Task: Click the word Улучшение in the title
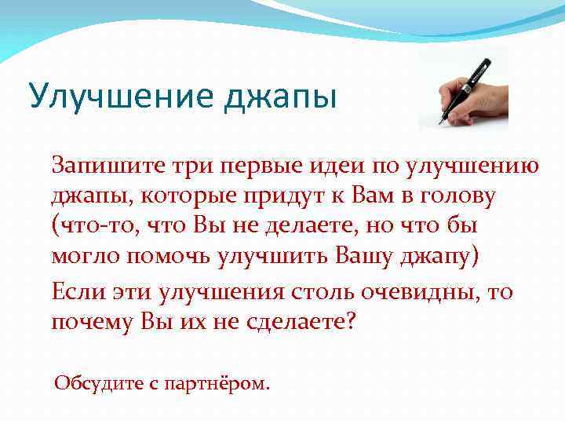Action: click(110, 97)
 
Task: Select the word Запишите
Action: click(101, 166)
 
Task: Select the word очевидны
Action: click(430, 292)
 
